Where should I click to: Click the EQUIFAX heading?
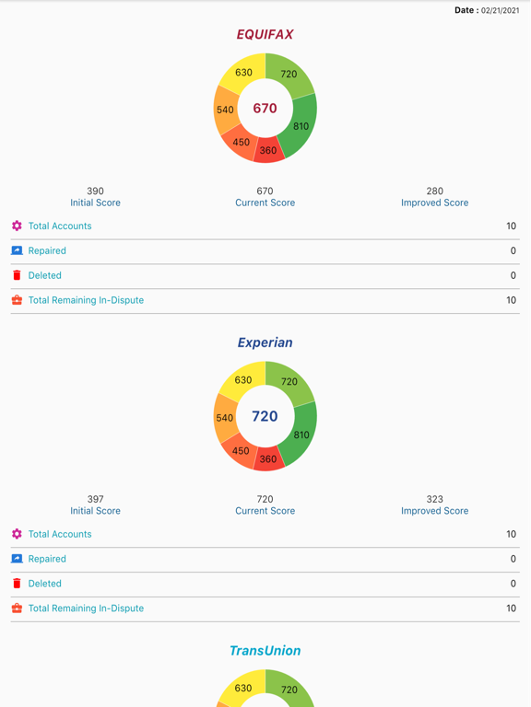point(265,34)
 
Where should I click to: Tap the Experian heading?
point(265,342)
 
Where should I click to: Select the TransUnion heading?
point(265,651)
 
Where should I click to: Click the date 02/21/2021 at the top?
point(500,11)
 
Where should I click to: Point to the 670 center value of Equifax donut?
point(265,108)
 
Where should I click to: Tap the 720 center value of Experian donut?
point(265,416)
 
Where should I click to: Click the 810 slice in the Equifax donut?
point(301,126)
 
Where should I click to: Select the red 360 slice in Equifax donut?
point(268,150)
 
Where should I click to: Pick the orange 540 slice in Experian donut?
point(225,418)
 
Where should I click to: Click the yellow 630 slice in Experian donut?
point(243,380)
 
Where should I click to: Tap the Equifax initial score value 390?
point(95,191)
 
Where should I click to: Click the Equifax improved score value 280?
point(434,191)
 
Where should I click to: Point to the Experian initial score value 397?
point(95,500)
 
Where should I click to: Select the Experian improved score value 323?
point(434,500)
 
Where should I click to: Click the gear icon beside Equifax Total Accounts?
point(17,226)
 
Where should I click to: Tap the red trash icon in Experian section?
point(17,583)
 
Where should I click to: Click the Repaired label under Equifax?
point(47,250)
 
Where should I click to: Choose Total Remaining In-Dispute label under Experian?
point(86,608)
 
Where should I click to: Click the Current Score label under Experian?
point(265,511)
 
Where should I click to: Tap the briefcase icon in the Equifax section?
point(17,300)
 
